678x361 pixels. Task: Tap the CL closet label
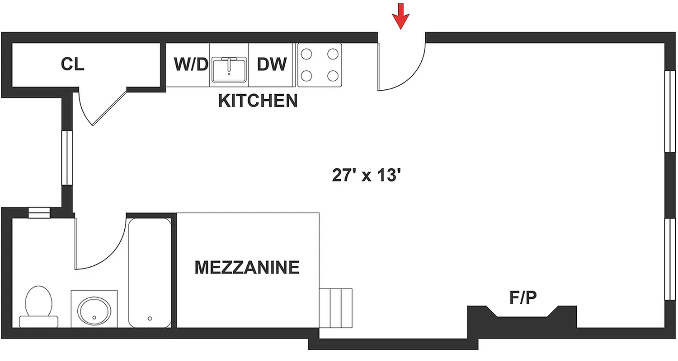tap(73, 64)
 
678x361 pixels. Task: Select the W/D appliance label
tap(190, 65)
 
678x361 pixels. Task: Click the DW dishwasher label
tap(272, 65)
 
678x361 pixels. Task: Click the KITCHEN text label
tap(258, 101)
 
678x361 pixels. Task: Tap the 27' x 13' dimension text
tap(367, 175)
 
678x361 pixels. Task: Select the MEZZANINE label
tap(247, 267)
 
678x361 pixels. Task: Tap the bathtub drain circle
tap(150, 318)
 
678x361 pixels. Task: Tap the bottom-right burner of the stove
tap(333, 75)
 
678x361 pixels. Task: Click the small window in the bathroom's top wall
tap(38, 213)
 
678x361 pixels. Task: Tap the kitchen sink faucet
tap(229, 64)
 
